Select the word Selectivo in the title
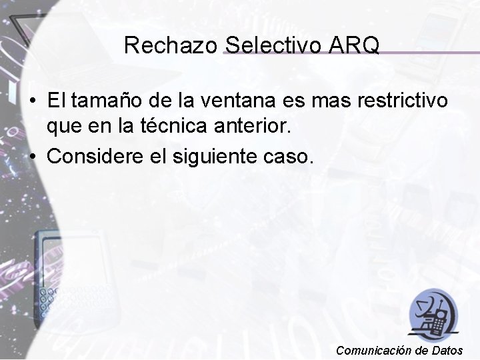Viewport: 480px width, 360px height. (274, 45)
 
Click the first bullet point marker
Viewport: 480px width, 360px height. (32, 102)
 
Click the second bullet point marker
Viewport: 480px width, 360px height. (32, 157)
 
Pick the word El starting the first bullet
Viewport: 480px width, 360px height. (57, 101)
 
